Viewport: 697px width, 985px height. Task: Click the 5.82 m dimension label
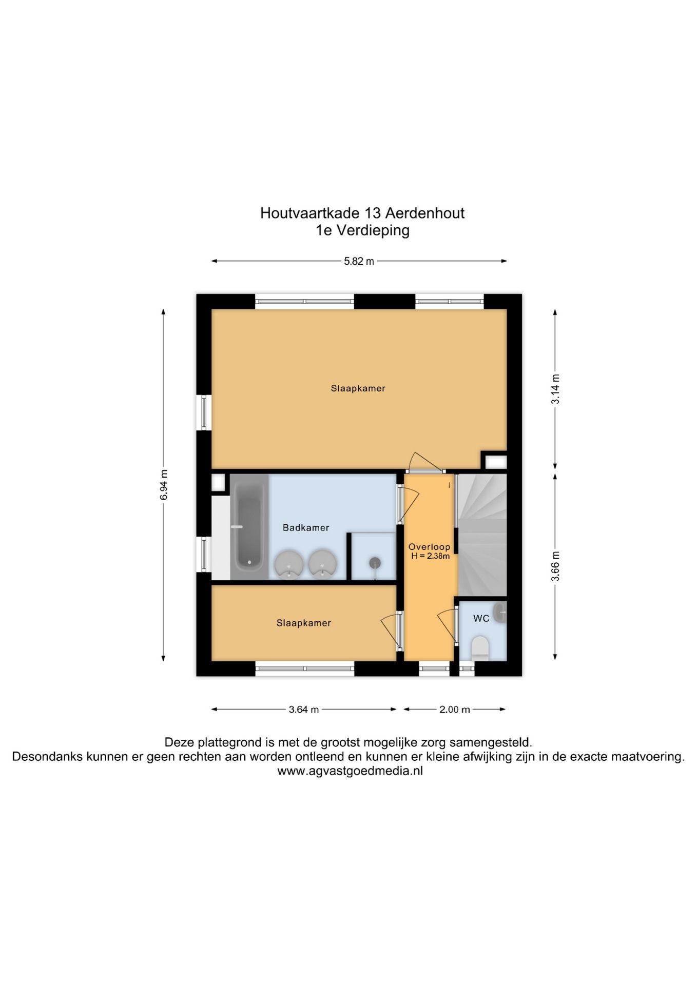359,261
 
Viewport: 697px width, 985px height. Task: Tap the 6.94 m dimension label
163,484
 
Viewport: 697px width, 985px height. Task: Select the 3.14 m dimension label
555,389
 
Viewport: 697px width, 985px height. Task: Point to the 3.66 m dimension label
555,566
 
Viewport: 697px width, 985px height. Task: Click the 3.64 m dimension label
303,710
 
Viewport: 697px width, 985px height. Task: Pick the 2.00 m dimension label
454,710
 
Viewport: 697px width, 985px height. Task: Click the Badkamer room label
306,527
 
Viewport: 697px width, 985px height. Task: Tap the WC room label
481,618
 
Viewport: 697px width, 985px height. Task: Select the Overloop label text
429,547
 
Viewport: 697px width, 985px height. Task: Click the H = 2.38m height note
430,556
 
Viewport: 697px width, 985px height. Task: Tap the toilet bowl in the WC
480,647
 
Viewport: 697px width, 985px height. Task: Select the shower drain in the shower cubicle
375,563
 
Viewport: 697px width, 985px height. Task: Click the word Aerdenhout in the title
424,213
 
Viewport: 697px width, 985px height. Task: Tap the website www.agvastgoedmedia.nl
350,771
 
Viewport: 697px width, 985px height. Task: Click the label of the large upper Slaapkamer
358,388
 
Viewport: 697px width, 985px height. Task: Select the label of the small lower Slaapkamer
303,623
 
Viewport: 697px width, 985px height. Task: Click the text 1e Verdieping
362,230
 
